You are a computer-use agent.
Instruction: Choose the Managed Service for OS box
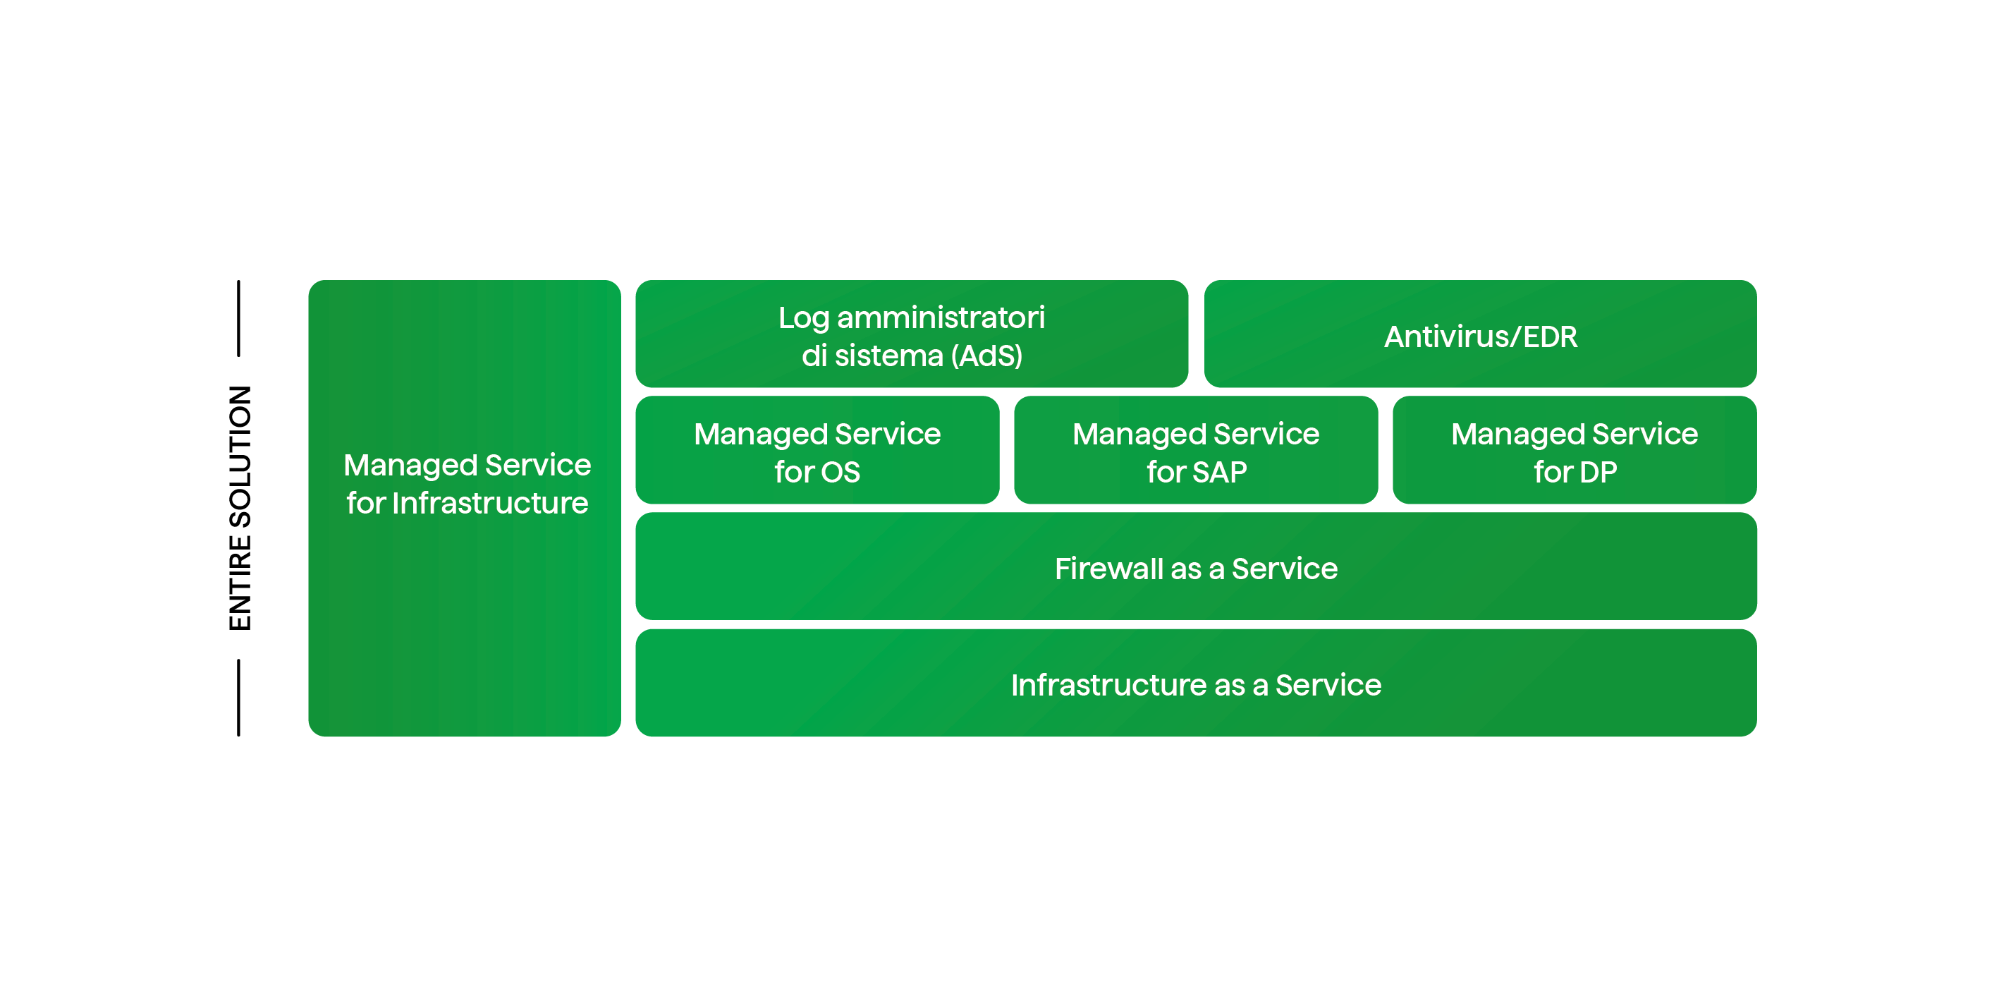pyautogui.click(x=817, y=451)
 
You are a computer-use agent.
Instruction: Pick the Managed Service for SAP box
pyautogui.click(x=1196, y=451)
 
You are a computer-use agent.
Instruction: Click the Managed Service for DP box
pyautogui.click(x=1575, y=451)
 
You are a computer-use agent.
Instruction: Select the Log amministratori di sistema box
pyautogui.click(x=911, y=335)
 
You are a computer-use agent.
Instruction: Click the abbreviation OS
pyautogui.click(x=840, y=472)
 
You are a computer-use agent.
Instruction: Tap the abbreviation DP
pyautogui.click(x=1598, y=472)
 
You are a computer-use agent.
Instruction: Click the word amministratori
pyautogui.click(x=941, y=317)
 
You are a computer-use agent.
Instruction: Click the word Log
pyautogui.click(x=803, y=318)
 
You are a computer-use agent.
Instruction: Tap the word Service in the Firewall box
pyautogui.click(x=1284, y=569)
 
